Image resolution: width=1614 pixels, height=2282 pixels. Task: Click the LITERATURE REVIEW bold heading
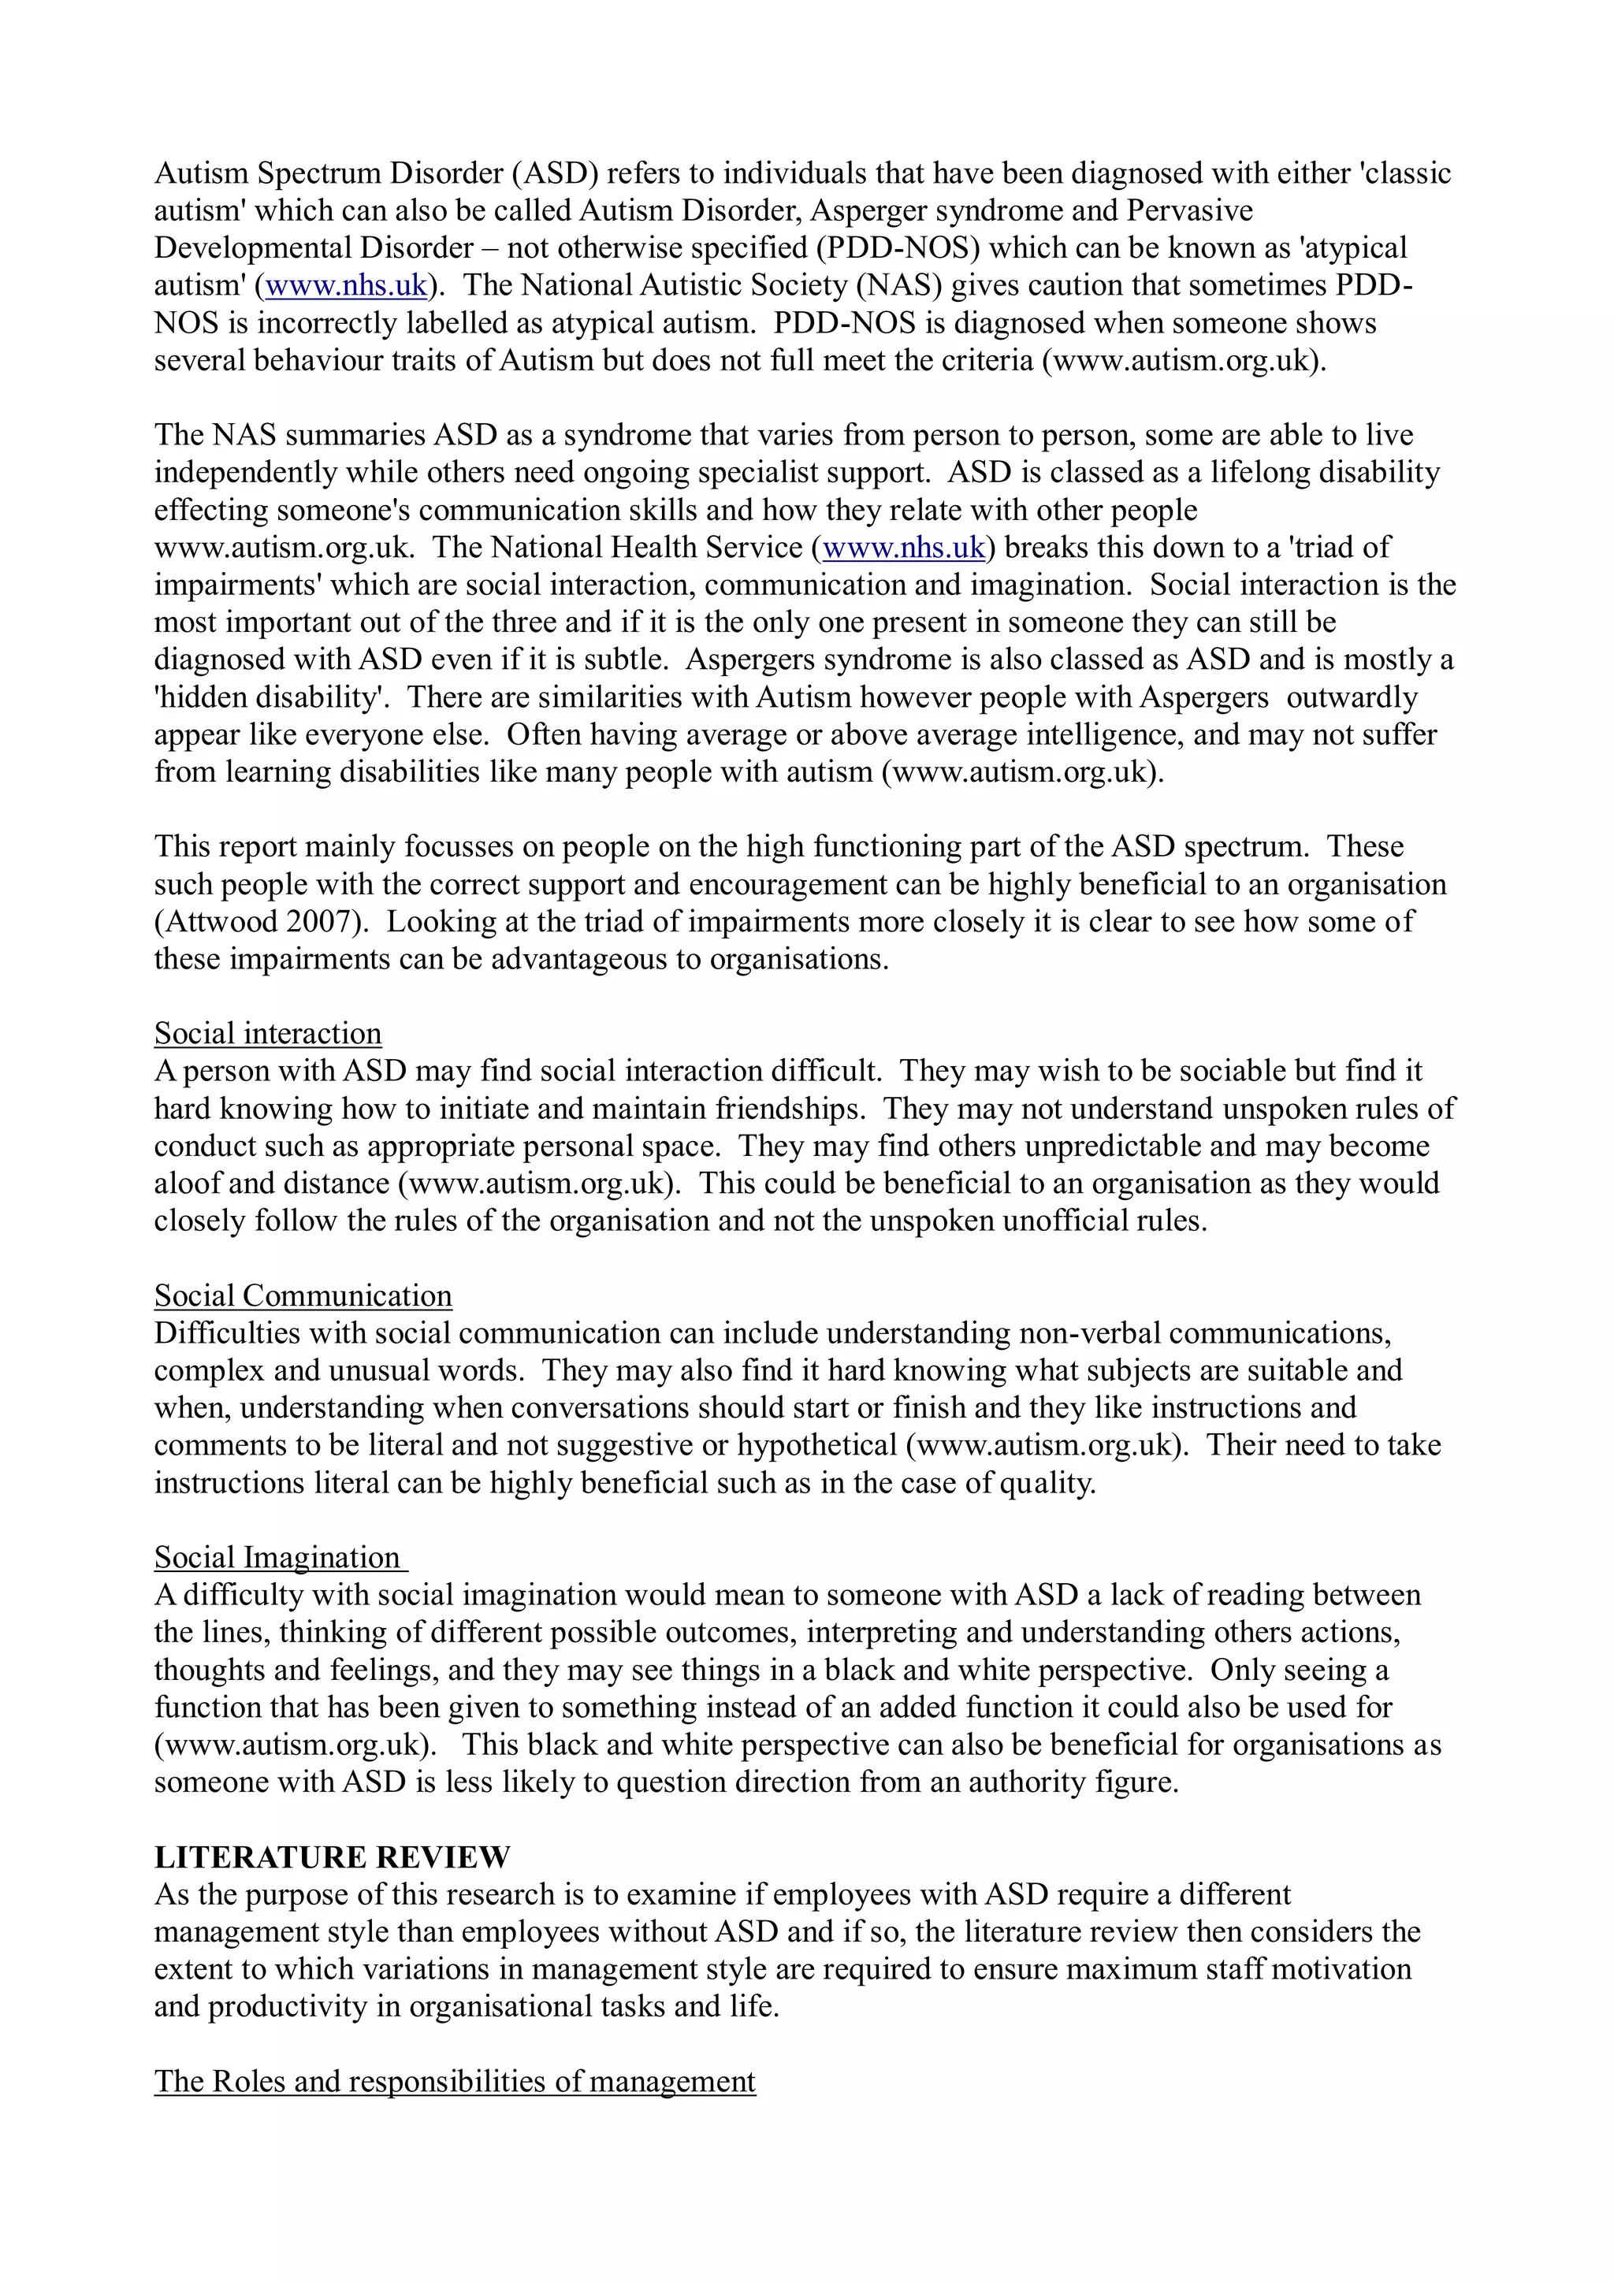pos(332,1856)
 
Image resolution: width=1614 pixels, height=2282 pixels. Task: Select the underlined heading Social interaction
pos(267,1034)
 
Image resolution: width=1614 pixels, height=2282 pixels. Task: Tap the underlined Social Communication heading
pos(303,1296)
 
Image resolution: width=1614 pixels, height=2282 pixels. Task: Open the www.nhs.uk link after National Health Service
pos(905,548)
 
